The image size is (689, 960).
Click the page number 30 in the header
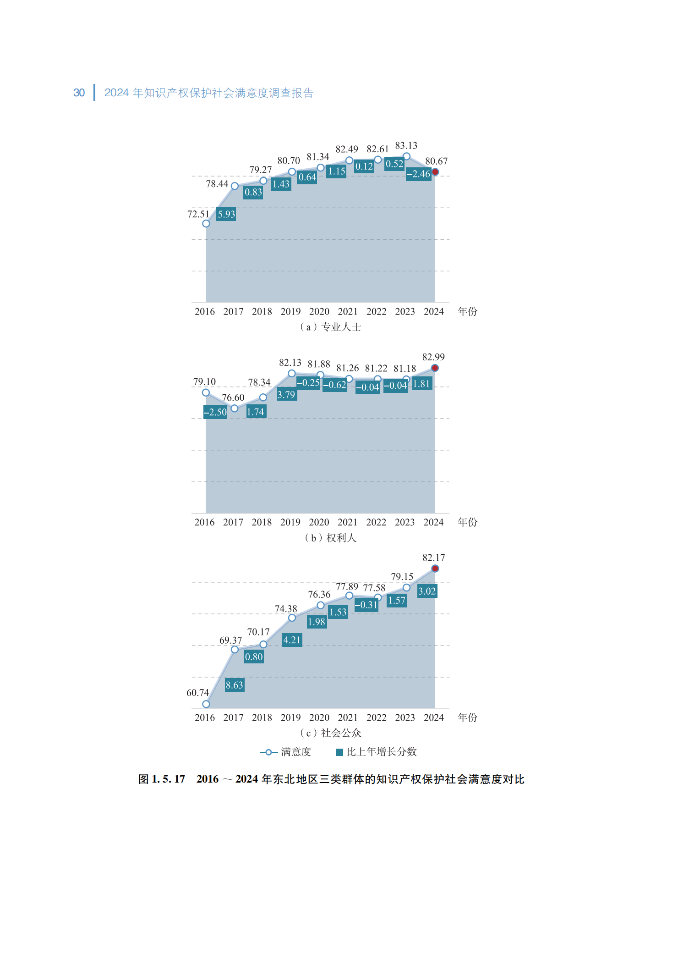pyautogui.click(x=79, y=93)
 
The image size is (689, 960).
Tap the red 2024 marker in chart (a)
pyautogui.click(x=435, y=172)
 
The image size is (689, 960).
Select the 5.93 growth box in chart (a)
pyautogui.click(x=226, y=214)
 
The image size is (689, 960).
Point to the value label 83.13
pyautogui.click(x=406, y=145)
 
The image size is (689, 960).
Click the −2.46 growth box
pyautogui.click(x=419, y=174)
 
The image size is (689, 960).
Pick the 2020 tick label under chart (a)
pyautogui.click(x=319, y=312)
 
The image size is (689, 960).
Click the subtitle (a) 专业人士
pyautogui.click(x=330, y=327)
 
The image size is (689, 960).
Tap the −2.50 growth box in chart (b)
pyautogui.click(x=215, y=412)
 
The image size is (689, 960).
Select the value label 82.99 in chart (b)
pyautogui.click(x=433, y=357)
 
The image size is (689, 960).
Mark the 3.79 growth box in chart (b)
pyautogui.click(x=286, y=394)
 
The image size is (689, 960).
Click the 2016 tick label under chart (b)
pyautogui.click(x=204, y=522)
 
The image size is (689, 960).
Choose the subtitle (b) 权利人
pyautogui.click(x=330, y=538)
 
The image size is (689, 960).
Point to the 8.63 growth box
pyautogui.click(x=234, y=685)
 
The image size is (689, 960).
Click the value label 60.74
pyautogui.click(x=197, y=693)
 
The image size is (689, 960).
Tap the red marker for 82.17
pyautogui.click(x=435, y=568)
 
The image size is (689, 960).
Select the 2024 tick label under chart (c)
pyautogui.click(x=434, y=717)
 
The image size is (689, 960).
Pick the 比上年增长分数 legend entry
pyautogui.click(x=377, y=752)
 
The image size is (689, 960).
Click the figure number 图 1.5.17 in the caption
pyautogui.click(x=162, y=779)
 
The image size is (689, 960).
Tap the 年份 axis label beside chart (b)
pyautogui.click(x=467, y=522)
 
